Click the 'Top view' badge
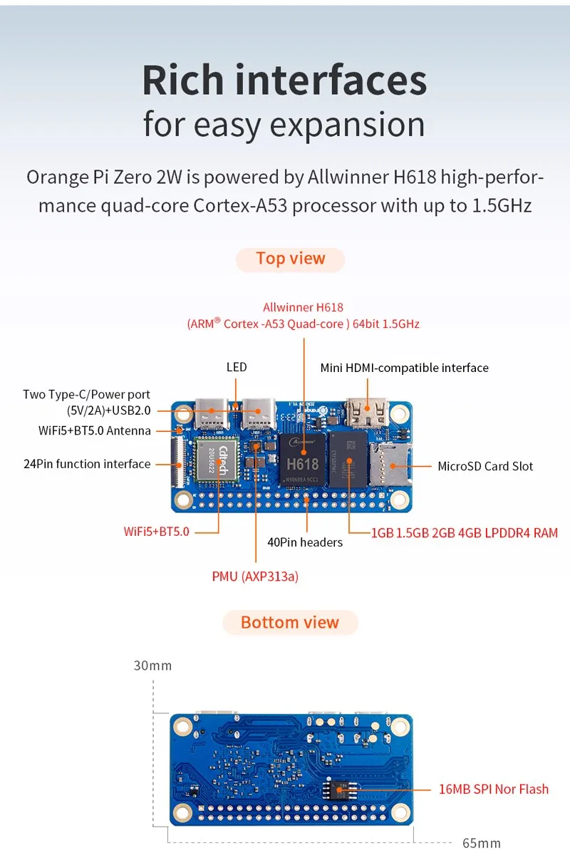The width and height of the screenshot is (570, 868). tap(290, 259)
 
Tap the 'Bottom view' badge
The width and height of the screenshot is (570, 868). tap(290, 622)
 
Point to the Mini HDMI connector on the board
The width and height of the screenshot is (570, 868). tap(368, 413)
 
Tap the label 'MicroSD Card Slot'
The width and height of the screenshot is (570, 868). tap(485, 466)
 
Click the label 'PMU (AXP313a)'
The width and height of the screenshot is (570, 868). tap(255, 576)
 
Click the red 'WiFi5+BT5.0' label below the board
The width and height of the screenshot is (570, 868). tap(156, 531)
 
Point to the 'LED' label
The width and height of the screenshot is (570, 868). tap(237, 367)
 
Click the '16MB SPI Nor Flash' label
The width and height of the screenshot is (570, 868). tap(494, 789)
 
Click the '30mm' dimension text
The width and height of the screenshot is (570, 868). tap(152, 666)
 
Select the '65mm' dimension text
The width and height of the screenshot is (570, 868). tap(482, 843)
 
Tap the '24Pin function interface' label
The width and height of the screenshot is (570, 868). tap(87, 464)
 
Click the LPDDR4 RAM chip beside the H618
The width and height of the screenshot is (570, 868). tap(347, 460)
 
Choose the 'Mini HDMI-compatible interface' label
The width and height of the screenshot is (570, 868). tap(405, 368)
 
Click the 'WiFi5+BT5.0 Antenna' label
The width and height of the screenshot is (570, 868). tap(94, 430)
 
